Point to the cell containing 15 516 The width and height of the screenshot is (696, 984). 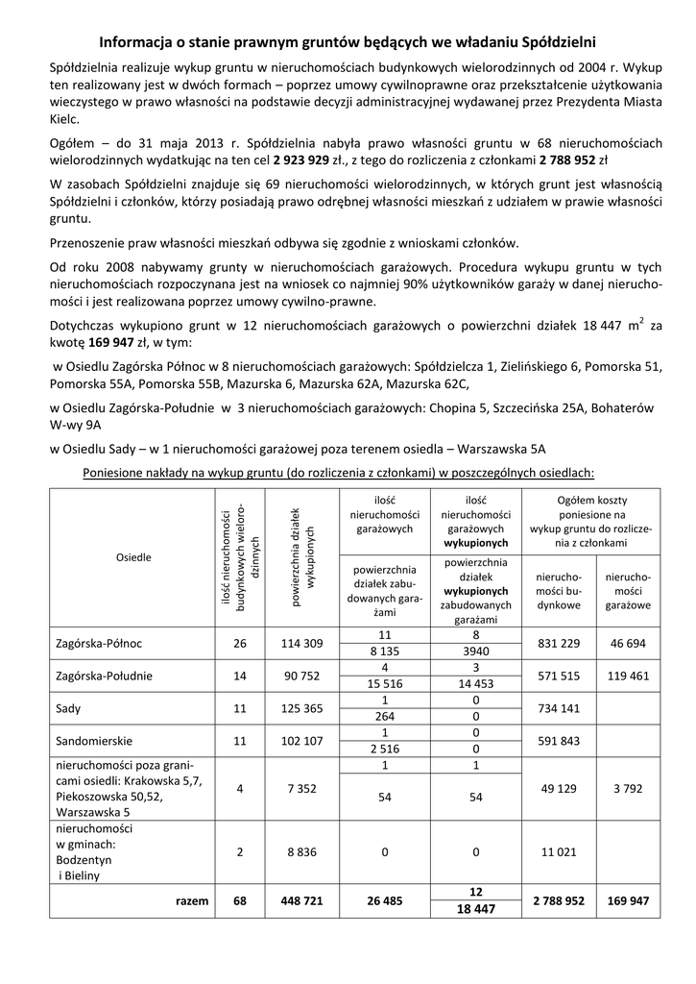384,683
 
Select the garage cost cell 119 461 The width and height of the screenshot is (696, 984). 628,676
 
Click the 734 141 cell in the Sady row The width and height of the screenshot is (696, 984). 558,708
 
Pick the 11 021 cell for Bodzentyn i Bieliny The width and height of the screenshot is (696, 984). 558,852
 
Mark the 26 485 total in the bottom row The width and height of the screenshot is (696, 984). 384,901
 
